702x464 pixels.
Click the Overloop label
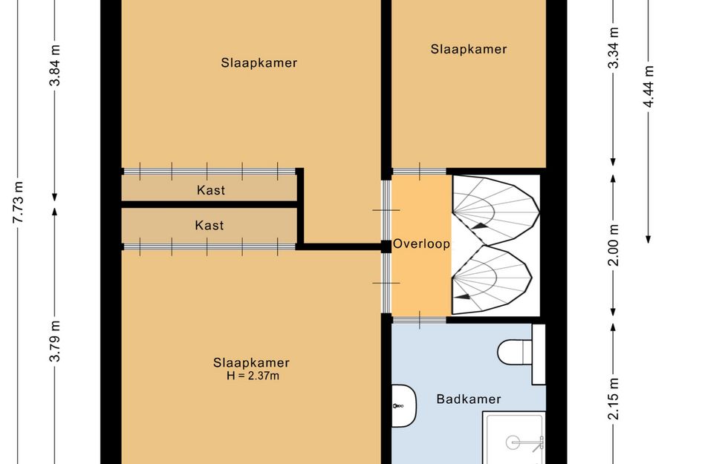pos(421,244)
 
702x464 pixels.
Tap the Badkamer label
pos(469,399)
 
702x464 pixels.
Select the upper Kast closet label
pos(211,190)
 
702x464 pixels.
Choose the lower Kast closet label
pos(209,225)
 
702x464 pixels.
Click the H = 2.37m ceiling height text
pos(253,376)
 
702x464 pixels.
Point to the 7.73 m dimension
pos(18,202)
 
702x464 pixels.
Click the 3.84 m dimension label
pos(55,65)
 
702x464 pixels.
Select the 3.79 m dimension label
pos(55,341)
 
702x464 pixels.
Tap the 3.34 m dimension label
pos(614,48)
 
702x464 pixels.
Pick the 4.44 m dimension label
pos(649,86)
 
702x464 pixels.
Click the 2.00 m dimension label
pos(614,245)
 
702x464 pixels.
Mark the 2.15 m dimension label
pos(614,399)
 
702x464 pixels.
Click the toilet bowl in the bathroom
pos(515,352)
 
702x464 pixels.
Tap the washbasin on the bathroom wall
pos(404,406)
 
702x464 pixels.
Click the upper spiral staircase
pos(495,209)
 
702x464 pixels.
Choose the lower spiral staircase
pos(492,280)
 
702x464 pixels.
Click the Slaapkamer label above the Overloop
pos(469,49)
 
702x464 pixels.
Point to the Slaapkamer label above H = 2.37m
pos(251,362)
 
